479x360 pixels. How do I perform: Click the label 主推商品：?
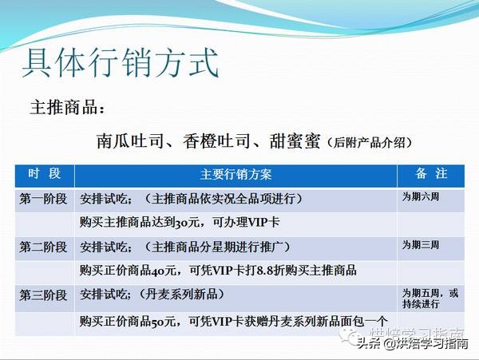click(x=67, y=108)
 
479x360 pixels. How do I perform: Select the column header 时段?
click(x=44, y=174)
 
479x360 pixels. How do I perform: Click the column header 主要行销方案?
click(x=236, y=175)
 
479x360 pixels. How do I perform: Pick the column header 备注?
click(x=430, y=174)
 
